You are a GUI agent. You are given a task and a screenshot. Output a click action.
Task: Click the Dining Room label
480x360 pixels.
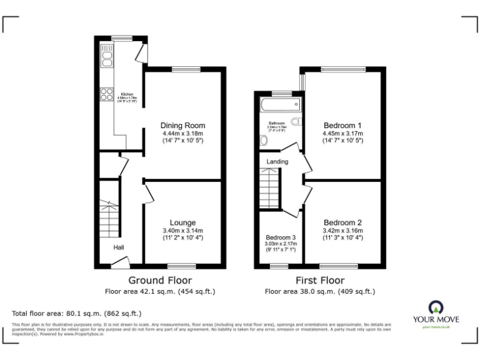tap(182, 125)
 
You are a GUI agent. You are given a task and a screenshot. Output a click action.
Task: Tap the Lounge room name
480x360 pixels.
tap(182, 222)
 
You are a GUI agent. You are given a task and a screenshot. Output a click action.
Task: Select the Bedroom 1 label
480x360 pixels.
tap(342, 124)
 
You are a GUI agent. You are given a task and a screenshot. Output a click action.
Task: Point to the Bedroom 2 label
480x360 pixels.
tap(342, 222)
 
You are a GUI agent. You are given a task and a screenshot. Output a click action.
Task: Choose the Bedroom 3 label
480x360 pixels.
tap(281, 237)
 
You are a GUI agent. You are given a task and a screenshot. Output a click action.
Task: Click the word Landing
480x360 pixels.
tap(277, 162)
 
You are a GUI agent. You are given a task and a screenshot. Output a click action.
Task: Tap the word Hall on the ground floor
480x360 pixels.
tap(118, 247)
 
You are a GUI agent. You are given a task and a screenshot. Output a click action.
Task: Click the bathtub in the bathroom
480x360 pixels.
tap(279, 104)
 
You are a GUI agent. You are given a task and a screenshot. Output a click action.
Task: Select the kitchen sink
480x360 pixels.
tap(107, 58)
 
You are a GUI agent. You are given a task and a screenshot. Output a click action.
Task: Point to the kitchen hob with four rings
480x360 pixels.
tap(104, 94)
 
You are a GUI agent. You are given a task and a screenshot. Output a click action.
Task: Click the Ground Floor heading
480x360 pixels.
tap(160, 280)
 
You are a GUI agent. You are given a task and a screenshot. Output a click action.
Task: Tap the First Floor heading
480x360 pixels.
tap(320, 280)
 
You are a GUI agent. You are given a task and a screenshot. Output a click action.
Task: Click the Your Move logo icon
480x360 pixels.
tap(435, 307)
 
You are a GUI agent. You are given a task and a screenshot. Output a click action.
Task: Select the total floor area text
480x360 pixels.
tap(77, 313)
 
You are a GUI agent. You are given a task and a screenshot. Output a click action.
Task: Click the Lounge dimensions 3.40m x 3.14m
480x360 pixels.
tap(182, 231)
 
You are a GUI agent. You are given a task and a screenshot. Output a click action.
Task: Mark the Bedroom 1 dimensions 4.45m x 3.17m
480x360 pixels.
tap(342, 132)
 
